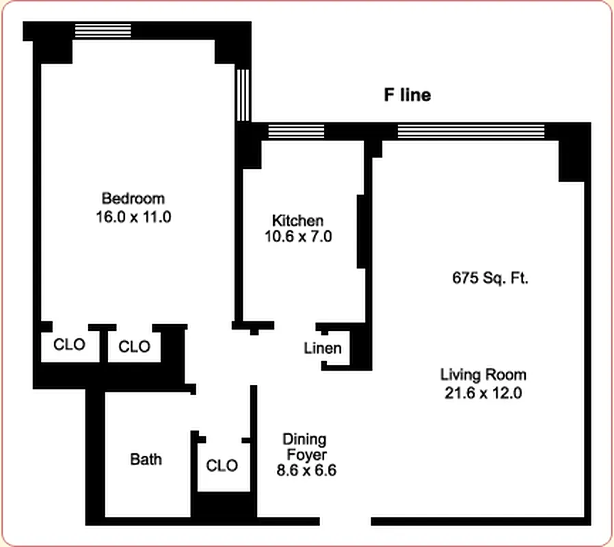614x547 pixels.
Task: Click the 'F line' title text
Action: click(x=406, y=95)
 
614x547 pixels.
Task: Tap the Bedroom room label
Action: click(x=133, y=199)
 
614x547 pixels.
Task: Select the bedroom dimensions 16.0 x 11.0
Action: click(x=133, y=217)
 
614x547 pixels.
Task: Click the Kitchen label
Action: click(x=297, y=220)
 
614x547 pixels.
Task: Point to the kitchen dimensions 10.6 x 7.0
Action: click(x=297, y=237)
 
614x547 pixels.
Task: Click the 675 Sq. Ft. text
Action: click(x=490, y=278)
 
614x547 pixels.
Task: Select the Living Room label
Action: click(x=483, y=375)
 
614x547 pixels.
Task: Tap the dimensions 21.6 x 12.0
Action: click(x=483, y=392)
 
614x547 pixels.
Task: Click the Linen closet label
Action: click(x=323, y=349)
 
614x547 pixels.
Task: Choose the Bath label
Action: click(x=146, y=459)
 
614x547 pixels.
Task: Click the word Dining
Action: click(x=304, y=439)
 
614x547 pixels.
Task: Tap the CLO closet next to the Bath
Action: click(x=222, y=466)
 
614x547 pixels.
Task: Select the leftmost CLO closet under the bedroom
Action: click(x=70, y=345)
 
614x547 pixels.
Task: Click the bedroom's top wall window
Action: click(x=103, y=31)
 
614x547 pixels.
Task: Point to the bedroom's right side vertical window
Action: click(x=243, y=94)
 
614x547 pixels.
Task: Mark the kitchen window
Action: click(x=295, y=131)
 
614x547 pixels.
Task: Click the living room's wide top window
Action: click(x=471, y=131)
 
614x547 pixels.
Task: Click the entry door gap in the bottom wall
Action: click(x=345, y=521)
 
